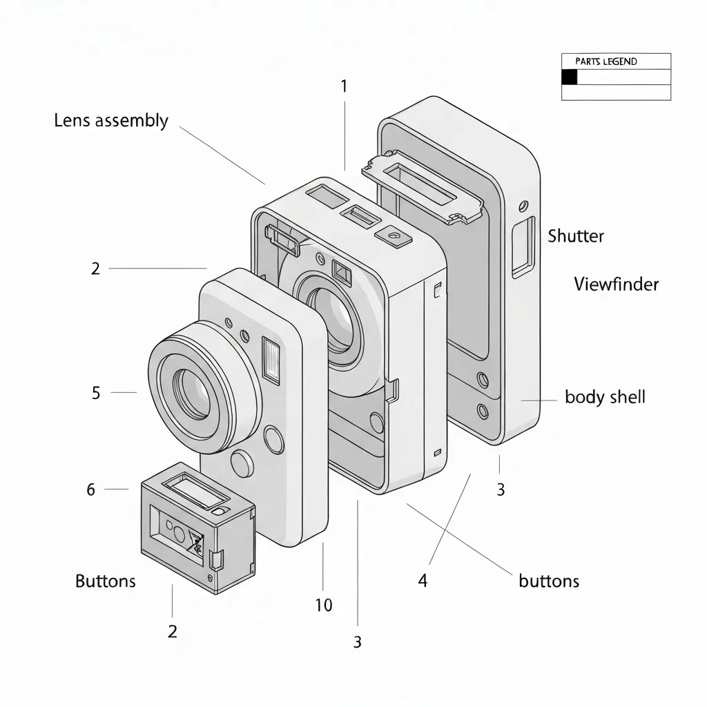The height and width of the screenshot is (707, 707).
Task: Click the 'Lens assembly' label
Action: click(x=111, y=121)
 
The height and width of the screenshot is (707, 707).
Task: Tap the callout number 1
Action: click(x=344, y=86)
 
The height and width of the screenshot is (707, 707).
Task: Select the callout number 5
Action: click(x=96, y=393)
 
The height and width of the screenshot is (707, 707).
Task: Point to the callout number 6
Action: click(x=90, y=490)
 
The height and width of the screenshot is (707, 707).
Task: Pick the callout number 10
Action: click(x=323, y=606)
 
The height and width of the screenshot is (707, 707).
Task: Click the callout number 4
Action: click(x=423, y=581)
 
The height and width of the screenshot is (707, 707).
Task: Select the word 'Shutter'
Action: click(x=576, y=236)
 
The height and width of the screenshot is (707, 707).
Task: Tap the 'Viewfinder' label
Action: click(x=616, y=284)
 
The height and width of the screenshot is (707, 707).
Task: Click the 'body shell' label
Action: click(x=605, y=397)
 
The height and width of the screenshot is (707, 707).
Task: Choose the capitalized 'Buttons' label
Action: click(x=106, y=581)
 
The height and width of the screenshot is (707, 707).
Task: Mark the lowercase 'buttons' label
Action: click(x=549, y=581)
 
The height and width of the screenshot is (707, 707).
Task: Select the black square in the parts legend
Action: click(x=569, y=77)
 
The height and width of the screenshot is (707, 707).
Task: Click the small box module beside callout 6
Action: click(x=197, y=528)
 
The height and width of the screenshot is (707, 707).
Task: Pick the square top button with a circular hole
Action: click(x=394, y=235)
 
